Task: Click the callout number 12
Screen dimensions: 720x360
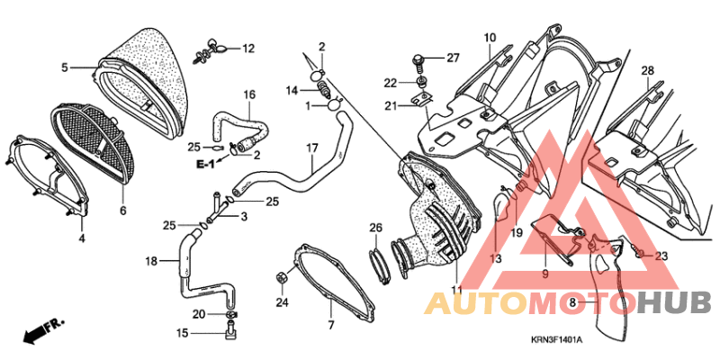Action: coord(248,49)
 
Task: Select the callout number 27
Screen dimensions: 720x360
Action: coord(453,58)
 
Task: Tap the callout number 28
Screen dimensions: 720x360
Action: coord(648,71)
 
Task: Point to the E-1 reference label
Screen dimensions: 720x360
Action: coord(205,165)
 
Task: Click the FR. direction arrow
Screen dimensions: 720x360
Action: coord(43,329)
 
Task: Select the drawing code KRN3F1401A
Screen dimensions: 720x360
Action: coord(556,340)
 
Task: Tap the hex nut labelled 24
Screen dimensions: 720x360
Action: coord(282,278)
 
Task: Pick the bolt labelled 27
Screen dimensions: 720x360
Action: coord(419,62)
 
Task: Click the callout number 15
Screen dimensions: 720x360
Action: coord(183,333)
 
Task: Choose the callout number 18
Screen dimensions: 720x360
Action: coord(151,261)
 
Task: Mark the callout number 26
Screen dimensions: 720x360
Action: coord(375,228)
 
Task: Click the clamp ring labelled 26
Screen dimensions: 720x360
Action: coord(380,265)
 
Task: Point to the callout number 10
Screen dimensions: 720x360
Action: coord(490,38)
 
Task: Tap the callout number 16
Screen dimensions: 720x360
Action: coord(249,95)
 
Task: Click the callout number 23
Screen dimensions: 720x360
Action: coord(661,256)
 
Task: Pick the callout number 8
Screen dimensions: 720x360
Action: coord(572,302)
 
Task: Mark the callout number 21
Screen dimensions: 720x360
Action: coord(391,106)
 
